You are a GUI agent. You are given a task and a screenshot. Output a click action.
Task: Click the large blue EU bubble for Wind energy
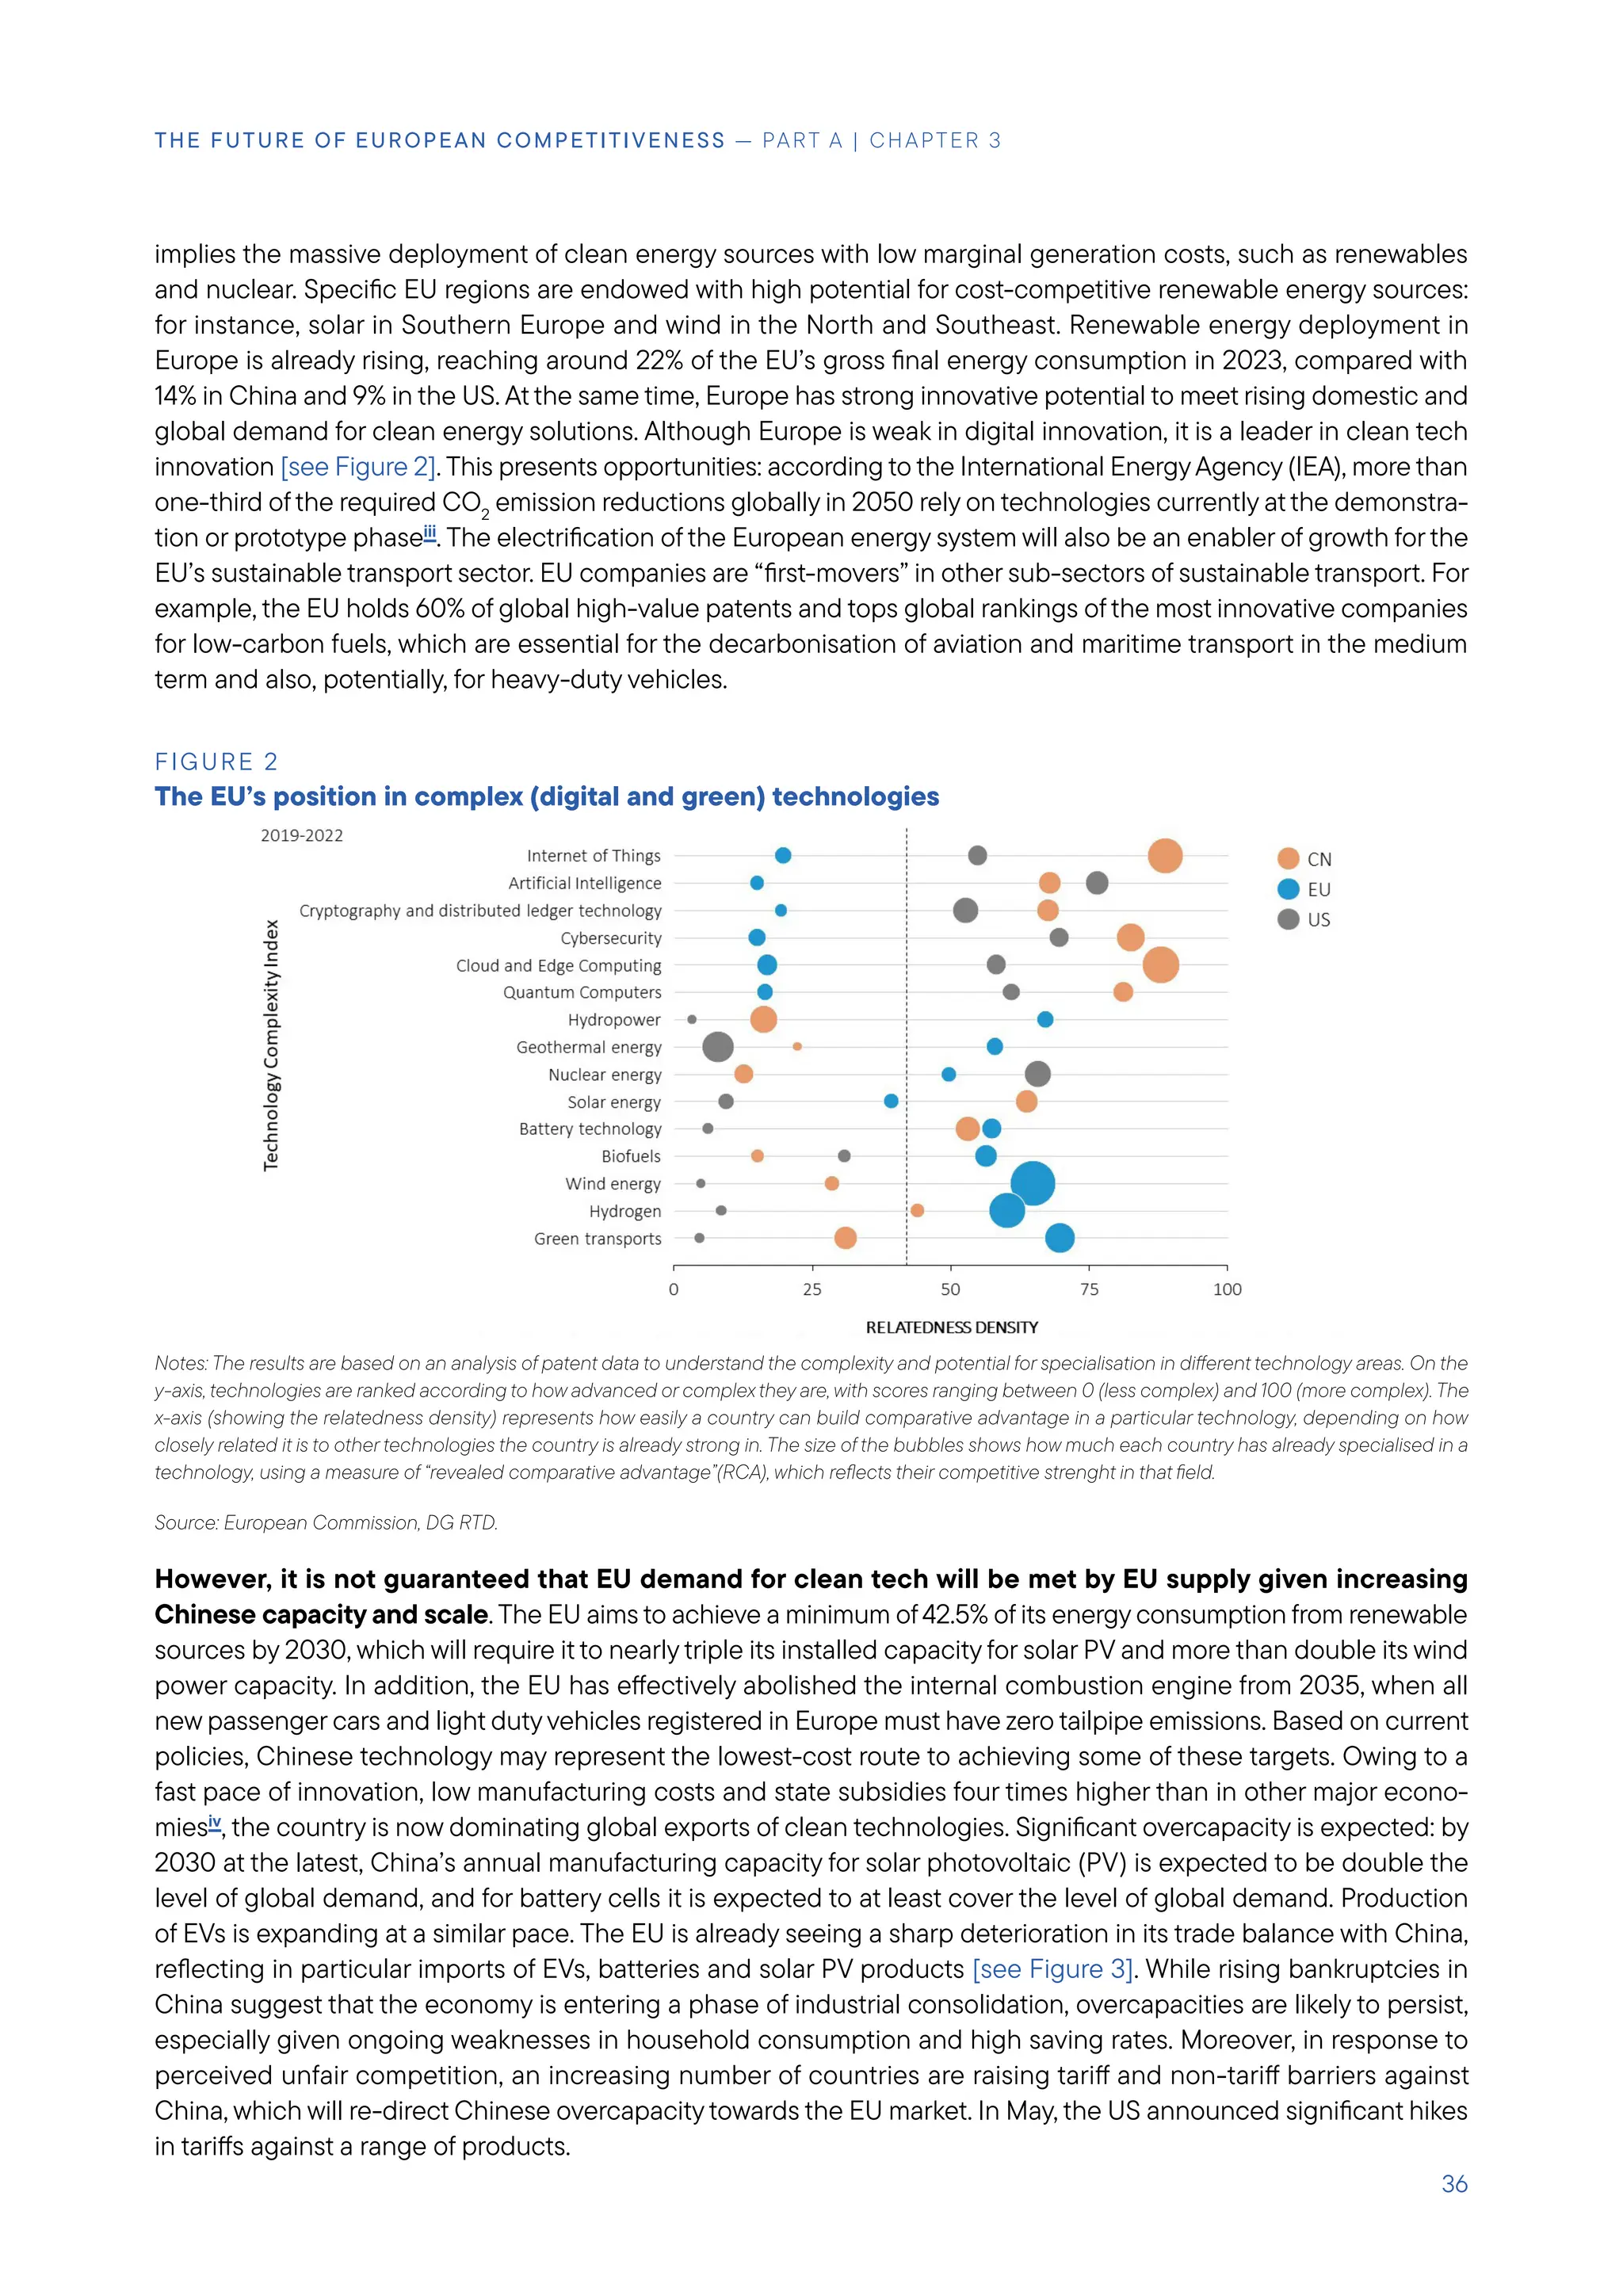(x=1033, y=1183)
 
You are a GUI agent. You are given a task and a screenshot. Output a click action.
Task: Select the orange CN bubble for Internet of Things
(x=1164, y=856)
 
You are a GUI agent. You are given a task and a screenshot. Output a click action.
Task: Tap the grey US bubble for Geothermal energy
(x=717, y=1047)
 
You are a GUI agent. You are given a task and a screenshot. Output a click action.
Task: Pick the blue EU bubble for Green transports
(x=1060, y=1238)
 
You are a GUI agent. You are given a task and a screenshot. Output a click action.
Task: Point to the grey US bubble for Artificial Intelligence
(x=1096, y=883)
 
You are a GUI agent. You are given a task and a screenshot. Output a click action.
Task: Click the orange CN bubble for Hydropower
(x=763, y=1020)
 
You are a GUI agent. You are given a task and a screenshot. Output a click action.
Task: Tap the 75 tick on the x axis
(x=1090, y=1289)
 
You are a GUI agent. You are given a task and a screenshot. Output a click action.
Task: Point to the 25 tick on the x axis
(x=811, y=1289)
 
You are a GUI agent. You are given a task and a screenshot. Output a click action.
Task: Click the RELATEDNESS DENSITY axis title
(x=952, y=1327)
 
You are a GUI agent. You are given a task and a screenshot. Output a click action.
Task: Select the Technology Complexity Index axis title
(x=271, y=1045)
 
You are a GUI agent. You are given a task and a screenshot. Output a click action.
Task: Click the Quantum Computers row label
(x=582, y=992)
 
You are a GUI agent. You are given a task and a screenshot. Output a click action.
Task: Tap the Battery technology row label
(x=590, y=1128)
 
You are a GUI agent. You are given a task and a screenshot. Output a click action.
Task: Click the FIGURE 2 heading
(x=216, y=762)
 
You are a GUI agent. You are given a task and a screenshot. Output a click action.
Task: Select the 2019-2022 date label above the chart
(x=302, y=835)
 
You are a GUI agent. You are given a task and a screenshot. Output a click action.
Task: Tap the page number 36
(x=1454, y=2184)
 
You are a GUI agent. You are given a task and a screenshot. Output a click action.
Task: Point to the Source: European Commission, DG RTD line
(x=326, y=1522)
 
